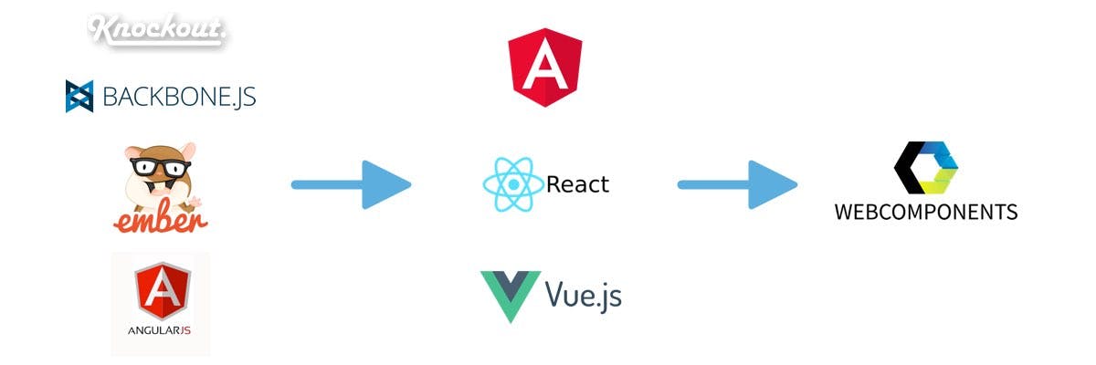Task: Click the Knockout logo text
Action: [157, 29]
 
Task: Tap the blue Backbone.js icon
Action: [79, 96]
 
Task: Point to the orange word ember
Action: [161, 219]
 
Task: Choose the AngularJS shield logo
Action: [162, 291]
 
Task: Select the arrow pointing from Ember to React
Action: [351, 185]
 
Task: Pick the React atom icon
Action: [513, 184]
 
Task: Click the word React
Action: [577, 184]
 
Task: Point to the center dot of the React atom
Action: [513, 184]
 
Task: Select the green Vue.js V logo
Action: [510, 295]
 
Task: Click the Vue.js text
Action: [583, 294]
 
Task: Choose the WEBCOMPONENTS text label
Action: [925, 213]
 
